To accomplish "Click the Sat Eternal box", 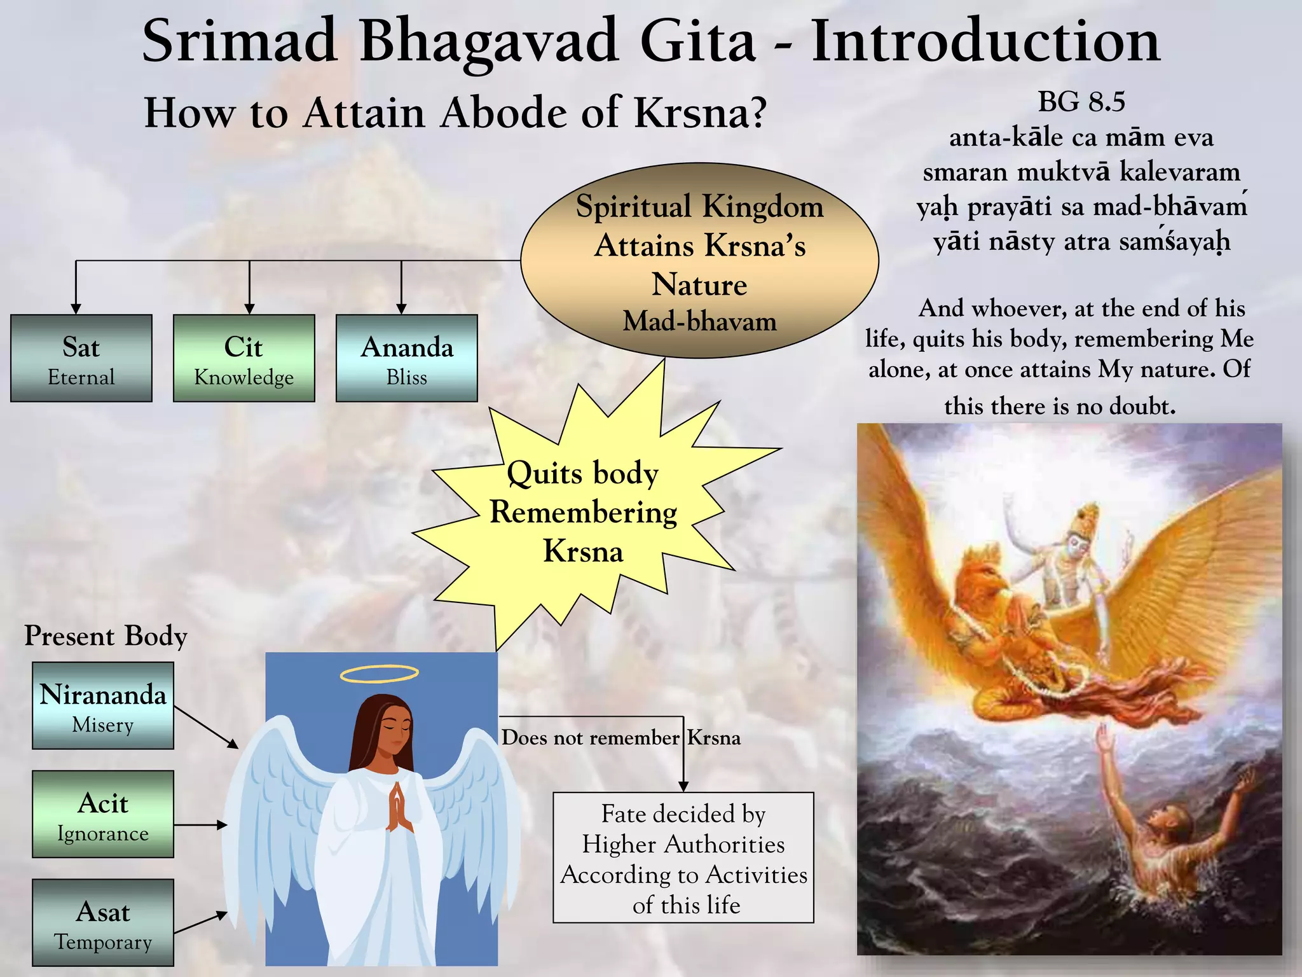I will (x=81, y=358).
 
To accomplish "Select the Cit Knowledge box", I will (x=244, y=358).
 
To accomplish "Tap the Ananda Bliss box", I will (x=407, y=358).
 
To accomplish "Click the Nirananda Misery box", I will (x=103, y=705).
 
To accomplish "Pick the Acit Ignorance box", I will (x=103, y=814).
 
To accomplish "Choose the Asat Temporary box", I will (x=103, y=922).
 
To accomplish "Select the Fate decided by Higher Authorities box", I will (x=683, y=857).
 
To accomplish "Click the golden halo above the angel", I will (x=380, y=674).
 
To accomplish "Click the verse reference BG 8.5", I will (x=1081, y=102).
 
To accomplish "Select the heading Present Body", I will (x=106, y=636).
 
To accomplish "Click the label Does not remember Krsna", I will (x=620, y=738).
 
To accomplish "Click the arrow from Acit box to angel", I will (x=200, y=825).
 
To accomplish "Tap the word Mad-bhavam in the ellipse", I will (x=699, y=321).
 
